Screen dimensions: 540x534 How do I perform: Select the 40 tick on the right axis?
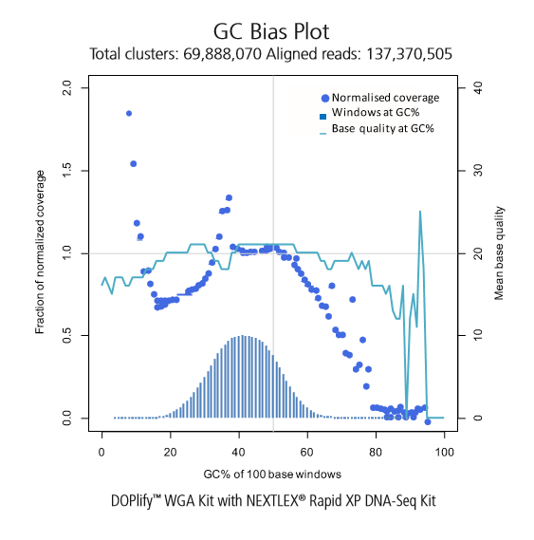pos(478,88)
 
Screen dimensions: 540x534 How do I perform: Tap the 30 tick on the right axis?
pos(478,171)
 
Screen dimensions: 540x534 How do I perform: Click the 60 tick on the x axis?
pos(307,452)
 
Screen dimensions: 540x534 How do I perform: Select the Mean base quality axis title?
pos(499,253)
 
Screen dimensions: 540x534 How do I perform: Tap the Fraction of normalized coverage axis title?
pos(40,251)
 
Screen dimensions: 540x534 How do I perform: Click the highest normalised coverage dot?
pos(129,113)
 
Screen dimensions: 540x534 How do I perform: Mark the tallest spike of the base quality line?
pos(420,212)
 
